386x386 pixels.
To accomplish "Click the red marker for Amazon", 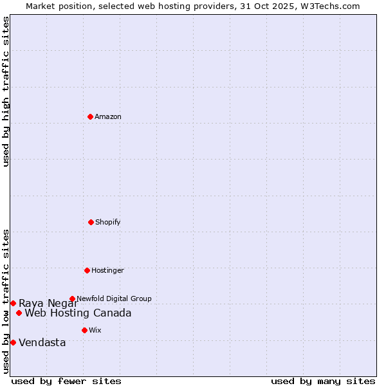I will (x=90, y=116).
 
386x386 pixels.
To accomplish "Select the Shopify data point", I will (x=91, y=222).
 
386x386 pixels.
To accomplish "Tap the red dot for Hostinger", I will (x=87, y=270).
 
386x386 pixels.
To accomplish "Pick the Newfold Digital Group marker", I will (x=72, y=299).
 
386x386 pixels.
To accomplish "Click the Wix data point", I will (x=84, y=330).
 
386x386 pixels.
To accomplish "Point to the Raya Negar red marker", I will (x=13, y=303).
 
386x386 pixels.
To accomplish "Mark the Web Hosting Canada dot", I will (x=19, y=313).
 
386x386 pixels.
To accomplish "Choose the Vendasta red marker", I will (x=13, y=342).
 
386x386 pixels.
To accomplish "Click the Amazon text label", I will (x=108, y=116).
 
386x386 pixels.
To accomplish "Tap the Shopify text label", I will (x=108, y=222).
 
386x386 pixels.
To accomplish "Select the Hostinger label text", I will (x=107, y=270).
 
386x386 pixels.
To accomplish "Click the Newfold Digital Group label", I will (x=114, y=299).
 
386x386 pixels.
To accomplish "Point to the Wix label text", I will (x=95, y=330).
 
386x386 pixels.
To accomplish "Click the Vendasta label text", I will (x=42, y=343).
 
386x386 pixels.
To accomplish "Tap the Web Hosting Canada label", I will (x=78, y=313).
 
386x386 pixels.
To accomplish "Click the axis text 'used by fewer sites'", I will (x=66, y=381).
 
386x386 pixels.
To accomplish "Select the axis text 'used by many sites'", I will (x=323, y=381).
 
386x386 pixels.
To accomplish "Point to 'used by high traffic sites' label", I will (x=6, y=91).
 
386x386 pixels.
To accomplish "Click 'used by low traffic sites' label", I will (x=6, y=300).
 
